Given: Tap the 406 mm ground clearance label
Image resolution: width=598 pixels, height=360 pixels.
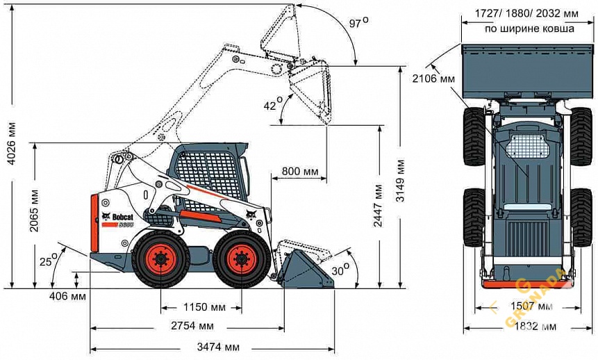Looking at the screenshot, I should pos(68,297).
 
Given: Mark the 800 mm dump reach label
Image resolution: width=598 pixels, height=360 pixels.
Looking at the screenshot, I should pos(299,171).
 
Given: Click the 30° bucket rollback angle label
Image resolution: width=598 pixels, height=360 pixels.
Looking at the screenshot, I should pos(340,269).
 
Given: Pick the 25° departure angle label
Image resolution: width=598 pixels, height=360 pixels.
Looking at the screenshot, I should pos(47,262).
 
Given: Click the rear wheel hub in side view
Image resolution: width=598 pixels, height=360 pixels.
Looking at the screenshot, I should pos(161,261).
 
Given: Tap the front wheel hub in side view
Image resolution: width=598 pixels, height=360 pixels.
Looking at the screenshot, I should pos(240,261).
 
